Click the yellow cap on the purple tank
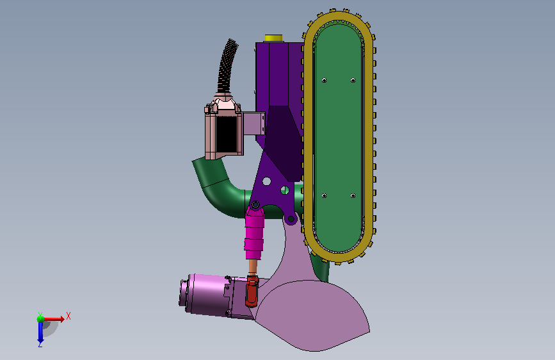[273, 38]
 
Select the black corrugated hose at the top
[227, 66]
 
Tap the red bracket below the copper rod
[252, 291]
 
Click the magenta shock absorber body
[254, 233]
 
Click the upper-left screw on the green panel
[324, 81]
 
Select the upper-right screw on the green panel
[353, 81]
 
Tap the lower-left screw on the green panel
[324, 195]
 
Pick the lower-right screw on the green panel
[353, 195]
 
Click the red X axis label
[68, 316]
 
